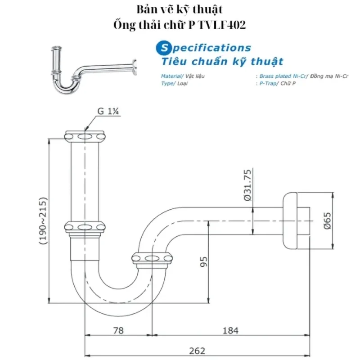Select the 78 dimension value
(118, 331)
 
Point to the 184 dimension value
(230, 331)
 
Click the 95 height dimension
(203, 261)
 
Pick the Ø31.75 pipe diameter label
(247, 185)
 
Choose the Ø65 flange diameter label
(328, 220)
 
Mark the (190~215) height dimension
(43, 220)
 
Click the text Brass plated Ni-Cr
(279, 76)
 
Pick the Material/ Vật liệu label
(183, 76)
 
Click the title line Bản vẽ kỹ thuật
(180, 9)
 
